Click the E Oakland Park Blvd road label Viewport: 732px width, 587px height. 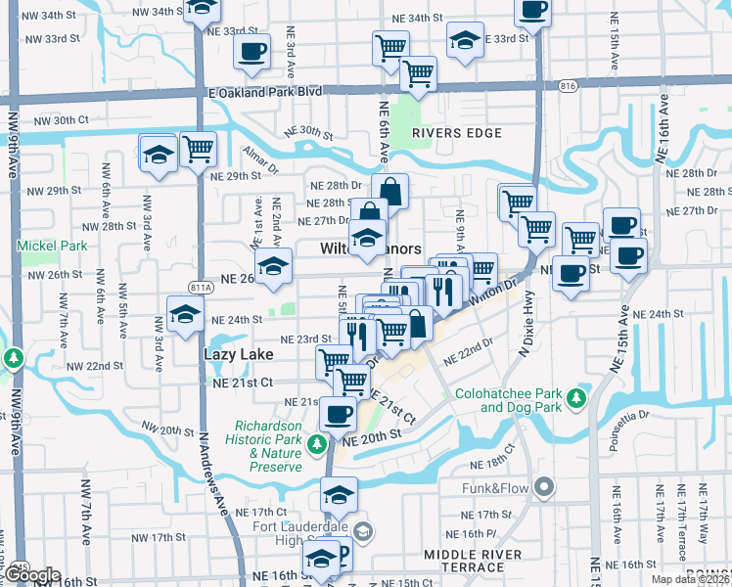coord(263,91)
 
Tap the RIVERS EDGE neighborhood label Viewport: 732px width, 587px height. coord(449,132)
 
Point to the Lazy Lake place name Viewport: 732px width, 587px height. coord(235,352)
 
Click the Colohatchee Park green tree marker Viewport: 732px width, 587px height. coord(578,398)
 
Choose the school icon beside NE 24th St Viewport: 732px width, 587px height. coord(184,315)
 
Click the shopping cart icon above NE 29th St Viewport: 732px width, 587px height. coord(198,150)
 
